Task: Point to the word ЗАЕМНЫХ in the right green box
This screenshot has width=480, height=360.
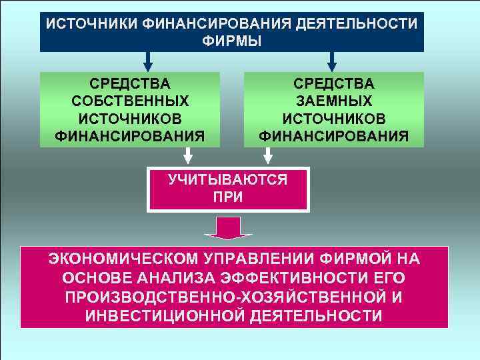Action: point(334,101)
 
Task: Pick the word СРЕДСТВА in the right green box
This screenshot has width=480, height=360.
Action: point(334,84)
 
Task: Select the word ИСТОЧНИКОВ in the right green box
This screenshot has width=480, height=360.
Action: point(334,119)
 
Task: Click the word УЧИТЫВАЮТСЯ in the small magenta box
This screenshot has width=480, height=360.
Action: point(228,179)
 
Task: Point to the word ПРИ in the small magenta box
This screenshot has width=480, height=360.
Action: point(228,197)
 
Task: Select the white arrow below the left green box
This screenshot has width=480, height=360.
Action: point(189,155)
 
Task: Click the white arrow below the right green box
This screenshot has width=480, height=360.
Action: point(267,155)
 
